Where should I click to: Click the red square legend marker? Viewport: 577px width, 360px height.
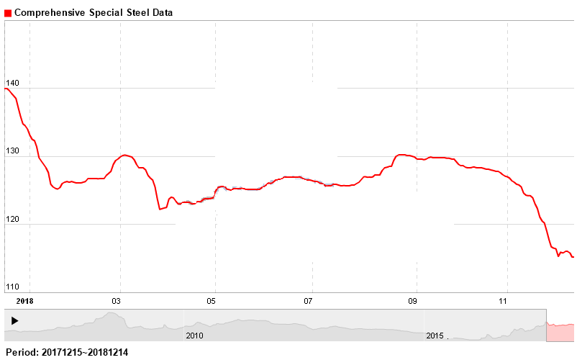pos(8,13)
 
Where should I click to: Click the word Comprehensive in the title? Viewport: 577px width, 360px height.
pos(50,13)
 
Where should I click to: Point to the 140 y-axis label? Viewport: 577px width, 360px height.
pos(12,84)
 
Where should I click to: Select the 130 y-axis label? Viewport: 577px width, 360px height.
pos(12,152)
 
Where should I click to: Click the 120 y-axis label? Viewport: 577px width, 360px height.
pos(12,220)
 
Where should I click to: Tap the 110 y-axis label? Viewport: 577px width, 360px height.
pos(12,287)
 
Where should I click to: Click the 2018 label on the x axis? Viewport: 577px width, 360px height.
pos(24,300)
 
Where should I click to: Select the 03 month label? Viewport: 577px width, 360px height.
pos(119,300)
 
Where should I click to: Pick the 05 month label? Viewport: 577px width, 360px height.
pos(214,300)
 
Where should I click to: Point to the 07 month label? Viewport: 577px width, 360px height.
pos(309,300)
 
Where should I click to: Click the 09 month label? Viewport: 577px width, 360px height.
pos(413,300)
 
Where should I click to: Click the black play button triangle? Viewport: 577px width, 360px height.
pos(15,320)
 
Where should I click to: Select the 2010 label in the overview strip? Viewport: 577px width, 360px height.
pos(194,336)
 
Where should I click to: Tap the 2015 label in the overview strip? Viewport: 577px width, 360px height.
pos(435,336)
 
